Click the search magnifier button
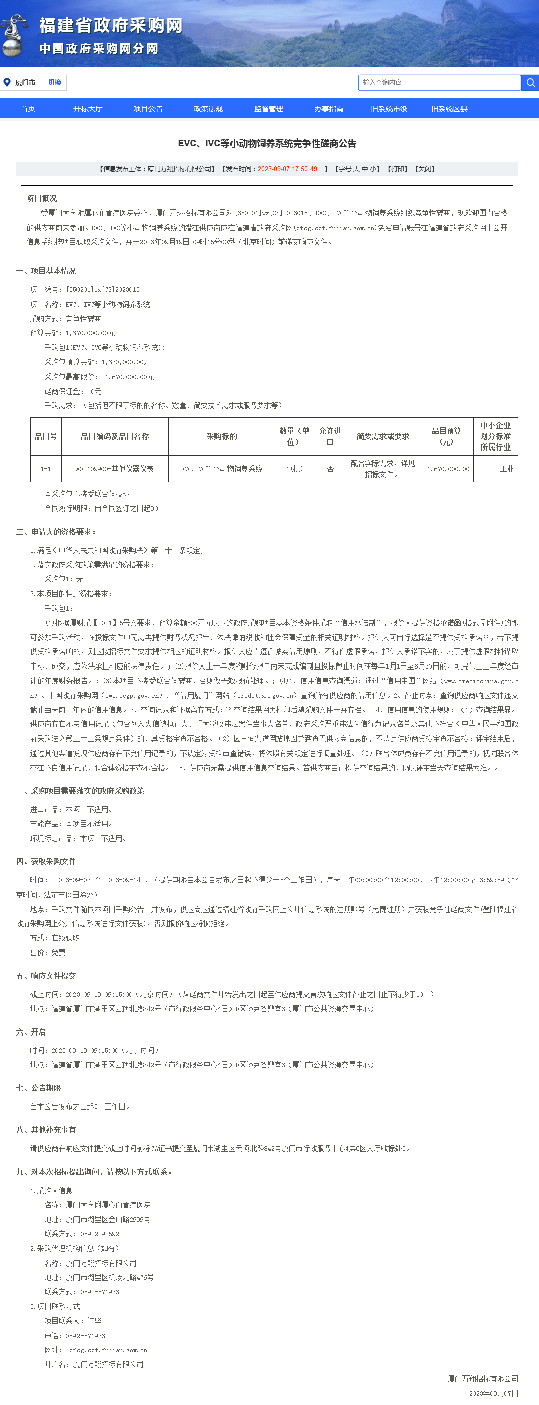pyautogui.click(x=530, y=83)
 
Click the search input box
pyautogui.click(x=439, y=83)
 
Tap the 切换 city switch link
pyautogui.click(x=54, y=83)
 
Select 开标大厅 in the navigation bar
pyautogui.click(x=88, y=109)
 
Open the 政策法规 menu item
pyautogui.click(x=208, y=109)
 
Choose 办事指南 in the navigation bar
pyautogui.click(x=329, y=109)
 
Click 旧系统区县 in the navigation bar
pyautogui.click(x=449, y=109)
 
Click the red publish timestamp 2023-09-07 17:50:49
pyautogui.click(x=287, y=169)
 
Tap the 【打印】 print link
pyautogui.click(x=397, y=169)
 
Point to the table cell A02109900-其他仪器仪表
pyautogui.click(x=115, y=469)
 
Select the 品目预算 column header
pyautogui.click(x=446, y=436)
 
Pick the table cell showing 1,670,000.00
pyautogui.click(x=447, y=469)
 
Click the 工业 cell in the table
pyautogui.click(x=506, y=469)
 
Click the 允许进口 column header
pyautogui.click(x=330, y=436)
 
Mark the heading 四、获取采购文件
pyautogui.click(x=46, y=861)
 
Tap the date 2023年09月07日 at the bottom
pyautogui.click(x=493, y=1393)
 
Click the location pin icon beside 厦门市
pyautogui.click(x=7, y=83)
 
